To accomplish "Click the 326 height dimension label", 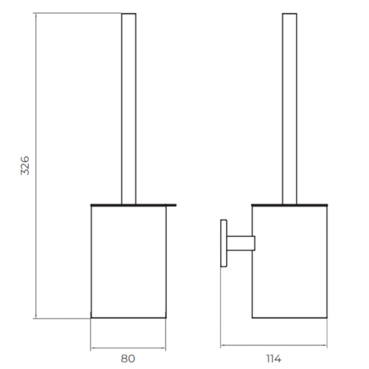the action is click(25, 165).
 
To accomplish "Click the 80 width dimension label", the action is click(128, 359).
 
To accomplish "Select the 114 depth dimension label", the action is click(274, 359).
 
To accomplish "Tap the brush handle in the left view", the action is click(129, 109).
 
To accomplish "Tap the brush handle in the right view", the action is click(289, 109).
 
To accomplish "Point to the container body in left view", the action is click(128, 262).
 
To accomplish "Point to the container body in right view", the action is click(289, 262).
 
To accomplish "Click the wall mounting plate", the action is click(224, 243).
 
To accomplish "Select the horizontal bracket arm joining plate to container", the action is click(241, 243).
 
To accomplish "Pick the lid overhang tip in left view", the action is click(176, 205).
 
